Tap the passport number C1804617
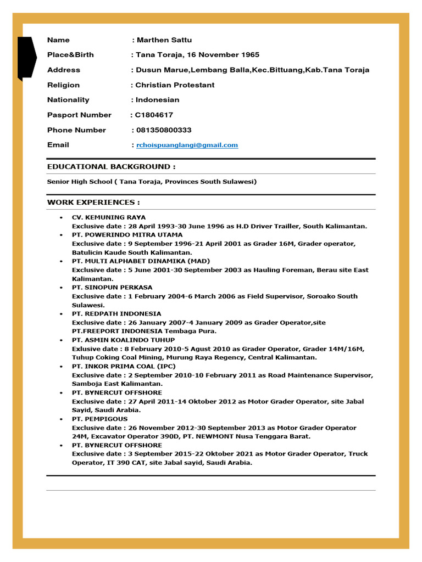click(x=154, y=115)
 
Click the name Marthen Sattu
click(x=164, y=40)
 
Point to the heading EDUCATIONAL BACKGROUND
click(x=112, y=166)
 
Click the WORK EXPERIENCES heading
click(x=93, y=203)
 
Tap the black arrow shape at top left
click(x=26, y=58)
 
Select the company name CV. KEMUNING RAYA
click(x=109, y=217)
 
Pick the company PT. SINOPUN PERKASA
click(x=112, y=288)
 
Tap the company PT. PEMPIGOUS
click(x=99, y=419)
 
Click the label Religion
click(x=63, y=85)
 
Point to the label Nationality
click(x=68, y=100)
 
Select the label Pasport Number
click(x=79, y=115)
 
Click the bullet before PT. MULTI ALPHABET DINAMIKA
click(x=61, y=261)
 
